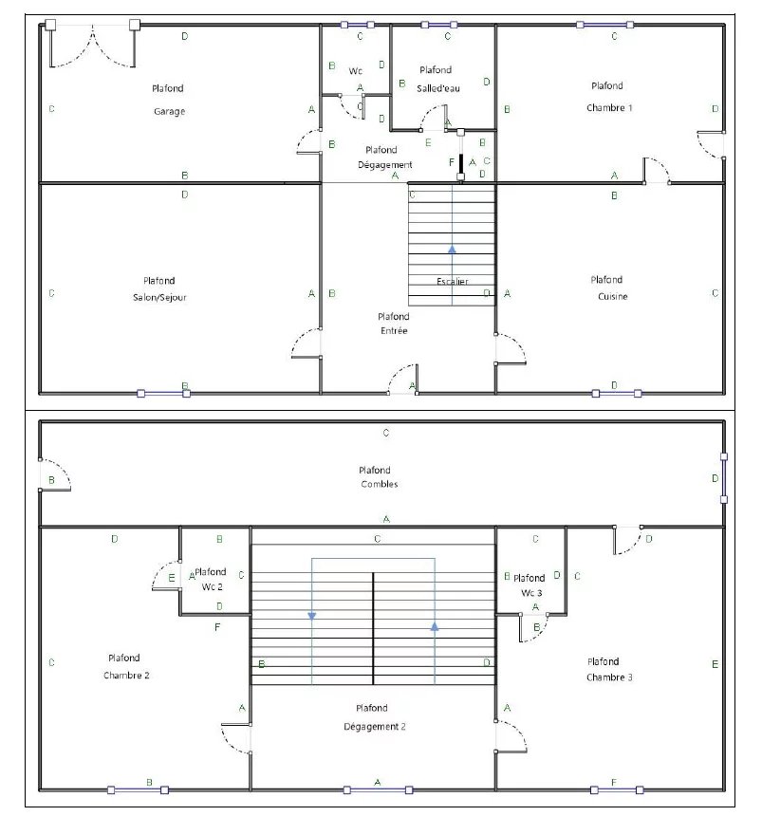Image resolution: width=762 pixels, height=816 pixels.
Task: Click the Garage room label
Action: (169, 111)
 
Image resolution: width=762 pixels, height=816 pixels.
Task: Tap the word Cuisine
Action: (613, 297)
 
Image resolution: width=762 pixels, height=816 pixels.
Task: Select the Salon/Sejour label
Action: (159, 298)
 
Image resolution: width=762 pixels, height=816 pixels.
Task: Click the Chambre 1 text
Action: (609, 108)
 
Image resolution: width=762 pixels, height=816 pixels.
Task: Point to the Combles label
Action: (380, 484)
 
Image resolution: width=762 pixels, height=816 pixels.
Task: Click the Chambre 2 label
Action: (126, 676)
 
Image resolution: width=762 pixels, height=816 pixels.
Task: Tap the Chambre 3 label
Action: (609, 677)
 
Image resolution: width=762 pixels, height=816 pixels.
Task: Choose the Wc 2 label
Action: (212, 587)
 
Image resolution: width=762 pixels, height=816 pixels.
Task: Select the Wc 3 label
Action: (531, 593)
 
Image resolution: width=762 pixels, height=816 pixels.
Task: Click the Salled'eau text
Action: (438, 88)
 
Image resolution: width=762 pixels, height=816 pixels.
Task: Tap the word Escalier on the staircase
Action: (453, 282)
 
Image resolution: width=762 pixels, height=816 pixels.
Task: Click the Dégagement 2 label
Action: (375, 727)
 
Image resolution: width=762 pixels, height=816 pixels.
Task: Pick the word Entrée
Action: (394, 331)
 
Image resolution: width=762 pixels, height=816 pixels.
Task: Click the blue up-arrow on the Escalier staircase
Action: (452, 250)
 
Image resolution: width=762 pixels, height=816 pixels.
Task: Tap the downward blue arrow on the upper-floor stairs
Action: (312, 616)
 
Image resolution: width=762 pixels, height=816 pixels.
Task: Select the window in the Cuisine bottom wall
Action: (617, 394)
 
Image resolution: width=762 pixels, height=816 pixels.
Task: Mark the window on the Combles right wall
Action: (723, 477)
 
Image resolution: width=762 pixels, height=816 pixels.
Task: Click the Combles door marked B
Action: (55, 474)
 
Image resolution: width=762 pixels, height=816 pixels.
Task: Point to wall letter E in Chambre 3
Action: (715, 664)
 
